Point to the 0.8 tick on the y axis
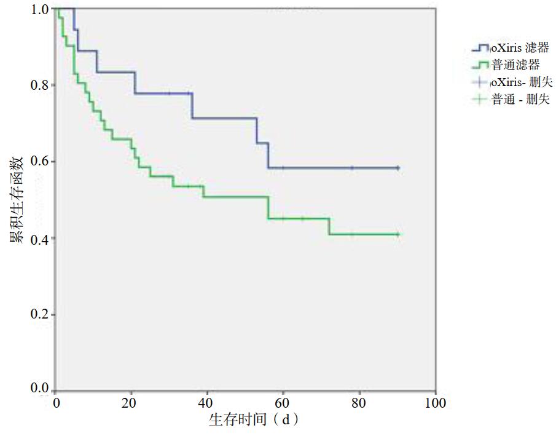[41, 85]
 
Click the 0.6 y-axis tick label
[41, 162]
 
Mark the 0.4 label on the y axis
[41, 239]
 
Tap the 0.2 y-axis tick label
[41, 315]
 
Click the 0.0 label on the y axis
[41, 389]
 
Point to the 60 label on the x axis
[283, 404]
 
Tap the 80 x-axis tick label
[359, 404]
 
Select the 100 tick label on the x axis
[435, 404]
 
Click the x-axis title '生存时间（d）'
[254, 421]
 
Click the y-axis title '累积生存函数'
[17, 199]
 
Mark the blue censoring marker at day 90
[397, 168]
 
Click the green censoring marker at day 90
[397, 234]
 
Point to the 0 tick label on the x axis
[56, 404]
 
